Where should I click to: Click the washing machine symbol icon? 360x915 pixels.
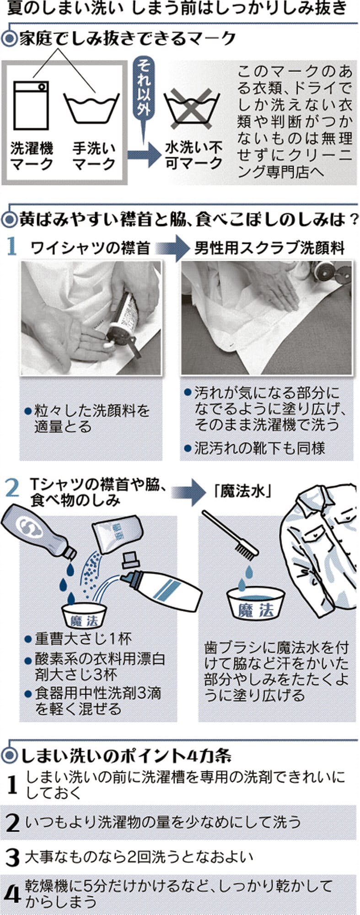click(x=31, y=105)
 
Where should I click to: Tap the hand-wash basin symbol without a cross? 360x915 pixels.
click(x=91, y=107)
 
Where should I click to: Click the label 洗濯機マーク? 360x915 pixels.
click(x=31, y=156)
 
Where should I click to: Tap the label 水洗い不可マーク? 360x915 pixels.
click(x=194, y=155)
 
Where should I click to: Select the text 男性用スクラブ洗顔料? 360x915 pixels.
click(x=269, y=248)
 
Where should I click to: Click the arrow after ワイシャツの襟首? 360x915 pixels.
click(x=172, y=248)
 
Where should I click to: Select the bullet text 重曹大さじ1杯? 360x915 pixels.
click(x=83, y=638)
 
